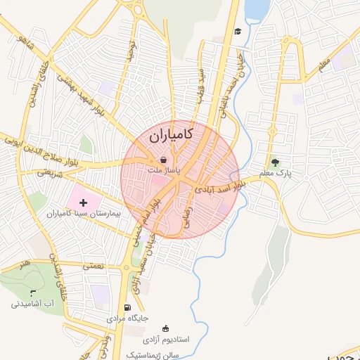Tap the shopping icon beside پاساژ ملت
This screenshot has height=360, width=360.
[x=164, y=160]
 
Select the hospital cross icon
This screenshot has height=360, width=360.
[x=84, y=202]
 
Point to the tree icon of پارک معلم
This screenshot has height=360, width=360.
[x=275, y=162]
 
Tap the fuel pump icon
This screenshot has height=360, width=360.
[x=127, y=307]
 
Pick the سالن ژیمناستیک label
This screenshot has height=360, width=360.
[x=155, y=353]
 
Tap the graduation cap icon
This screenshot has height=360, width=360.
[x=238, y=31]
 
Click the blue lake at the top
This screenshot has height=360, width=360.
[x=256, y=8]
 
